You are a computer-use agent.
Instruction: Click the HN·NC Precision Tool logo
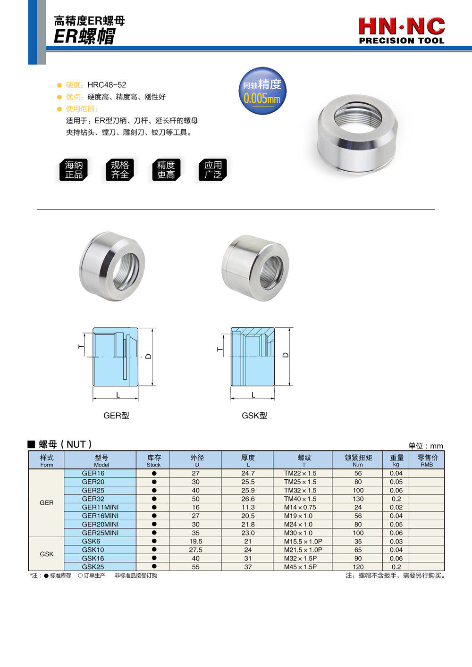click(401, 31)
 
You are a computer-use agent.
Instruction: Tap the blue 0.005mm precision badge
click(262, 91)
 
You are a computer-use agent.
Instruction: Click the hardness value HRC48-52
click(107, 85)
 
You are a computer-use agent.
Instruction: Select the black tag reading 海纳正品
click(74, 170)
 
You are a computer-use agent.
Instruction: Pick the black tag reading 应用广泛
click(213, 170)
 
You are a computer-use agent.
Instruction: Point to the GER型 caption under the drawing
click(116, 416)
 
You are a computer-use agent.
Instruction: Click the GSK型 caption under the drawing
click(254, 416)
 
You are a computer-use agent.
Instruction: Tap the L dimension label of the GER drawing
click(118, 395)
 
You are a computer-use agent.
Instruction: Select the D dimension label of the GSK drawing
click(286, 355)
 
